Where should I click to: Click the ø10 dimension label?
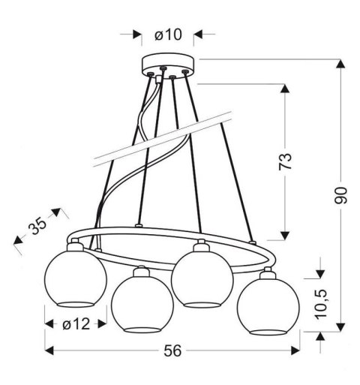167,34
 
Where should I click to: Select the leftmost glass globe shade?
72,279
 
